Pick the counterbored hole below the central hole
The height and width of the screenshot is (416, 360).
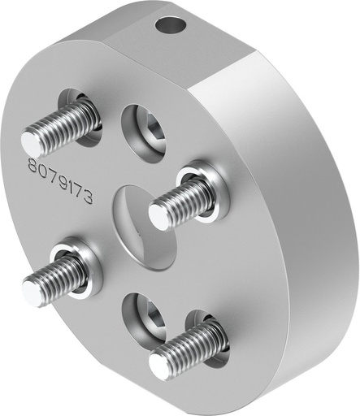pyautogui.click(x=145, y=317)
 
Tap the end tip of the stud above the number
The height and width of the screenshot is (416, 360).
pyautogui.click(x=31, y=144)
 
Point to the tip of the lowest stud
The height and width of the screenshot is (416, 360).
pyautogui.click(x=160, y=368)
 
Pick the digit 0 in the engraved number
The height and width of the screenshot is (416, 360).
pyautogui.click(x=42, y=173)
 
